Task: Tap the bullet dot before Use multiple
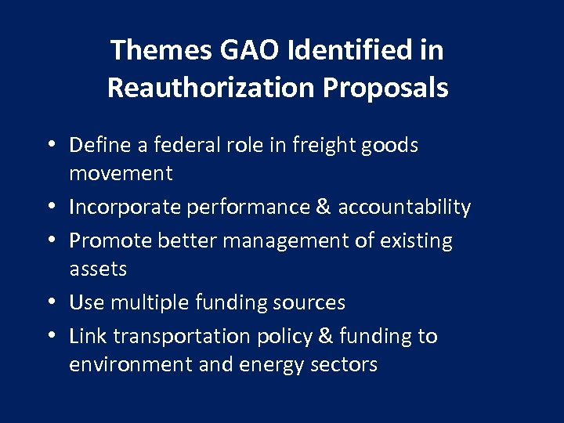(51, 303)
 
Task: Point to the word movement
(121, 174)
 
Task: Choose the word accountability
(406, 208)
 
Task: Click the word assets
(98, 269)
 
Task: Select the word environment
(130, 365)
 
